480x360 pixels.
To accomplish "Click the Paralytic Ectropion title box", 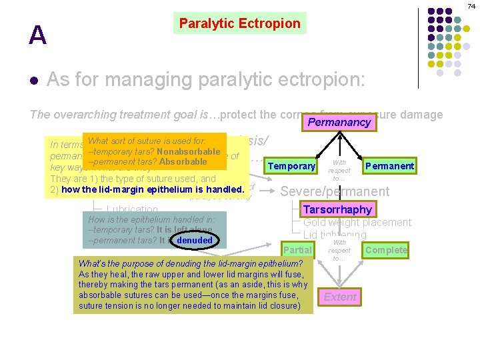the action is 240,23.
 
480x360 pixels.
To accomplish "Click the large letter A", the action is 37,35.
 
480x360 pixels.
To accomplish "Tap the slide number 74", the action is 471,5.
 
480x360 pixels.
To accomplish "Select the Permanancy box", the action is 339,123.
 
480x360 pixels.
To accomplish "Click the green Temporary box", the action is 291,166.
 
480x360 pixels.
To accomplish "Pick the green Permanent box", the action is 390,166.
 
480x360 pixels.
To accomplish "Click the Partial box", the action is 297,250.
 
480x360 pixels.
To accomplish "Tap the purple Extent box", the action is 340,297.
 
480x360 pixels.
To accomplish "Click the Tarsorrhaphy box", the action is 337,209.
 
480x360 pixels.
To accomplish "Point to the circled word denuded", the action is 195,240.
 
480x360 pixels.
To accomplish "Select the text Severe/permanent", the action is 335,191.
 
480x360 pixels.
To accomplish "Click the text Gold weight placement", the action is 357,222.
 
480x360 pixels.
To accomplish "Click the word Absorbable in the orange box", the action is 183,161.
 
